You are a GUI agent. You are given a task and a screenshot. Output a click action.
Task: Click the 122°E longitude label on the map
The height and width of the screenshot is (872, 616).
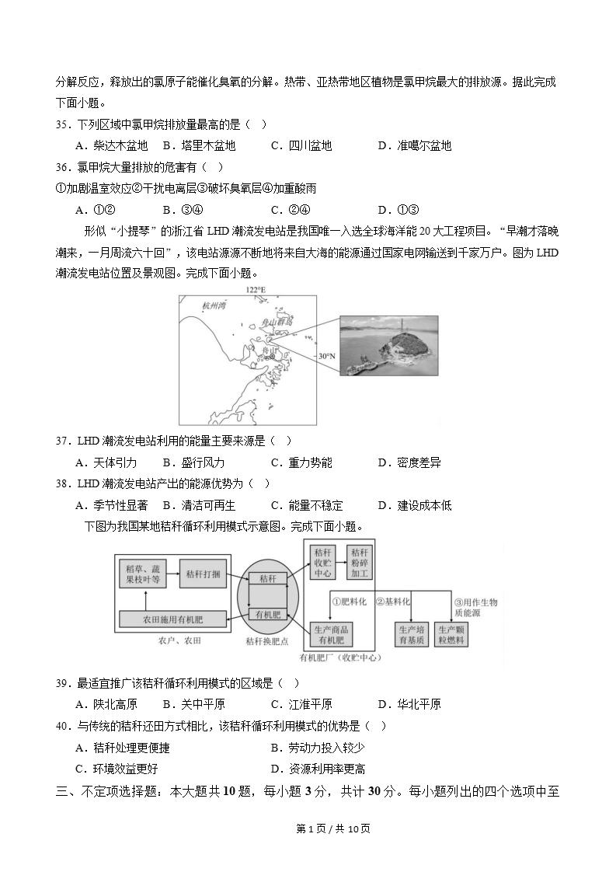[256, 290]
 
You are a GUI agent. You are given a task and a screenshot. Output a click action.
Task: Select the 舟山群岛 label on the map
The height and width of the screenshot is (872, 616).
[278, 320]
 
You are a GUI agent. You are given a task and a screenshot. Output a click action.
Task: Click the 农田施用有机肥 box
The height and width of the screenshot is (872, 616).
[172, 619]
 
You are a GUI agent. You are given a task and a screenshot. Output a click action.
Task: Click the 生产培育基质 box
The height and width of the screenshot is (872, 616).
[412, 634]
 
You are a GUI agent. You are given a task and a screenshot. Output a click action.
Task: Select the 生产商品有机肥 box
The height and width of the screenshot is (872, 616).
[331, 634]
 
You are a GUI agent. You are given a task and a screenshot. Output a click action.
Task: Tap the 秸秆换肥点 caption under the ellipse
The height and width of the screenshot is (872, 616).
[267, 641]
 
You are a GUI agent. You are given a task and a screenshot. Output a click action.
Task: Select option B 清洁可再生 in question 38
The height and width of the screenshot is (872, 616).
[197, 505]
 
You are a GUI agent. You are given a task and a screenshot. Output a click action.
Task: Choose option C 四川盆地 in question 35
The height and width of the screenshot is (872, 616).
[301, 145]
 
